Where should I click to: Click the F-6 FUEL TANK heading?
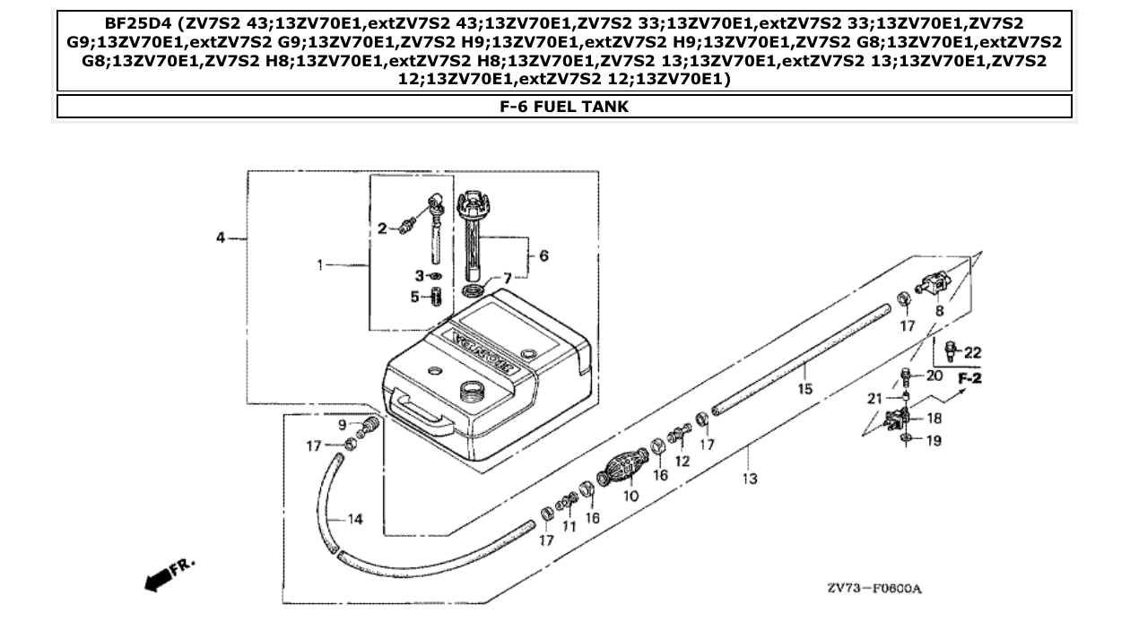point(564,107)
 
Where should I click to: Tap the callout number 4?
point(221,238)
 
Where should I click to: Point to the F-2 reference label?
point(969,379)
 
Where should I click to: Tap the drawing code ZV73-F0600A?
point(874,589)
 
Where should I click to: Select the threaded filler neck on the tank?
point(472,391)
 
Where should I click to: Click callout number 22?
point(973,352)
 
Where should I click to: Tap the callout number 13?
point(750,479)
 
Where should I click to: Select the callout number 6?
point(543,255)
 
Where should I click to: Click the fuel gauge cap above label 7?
point(472,198)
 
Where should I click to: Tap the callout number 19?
point(933,441)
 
